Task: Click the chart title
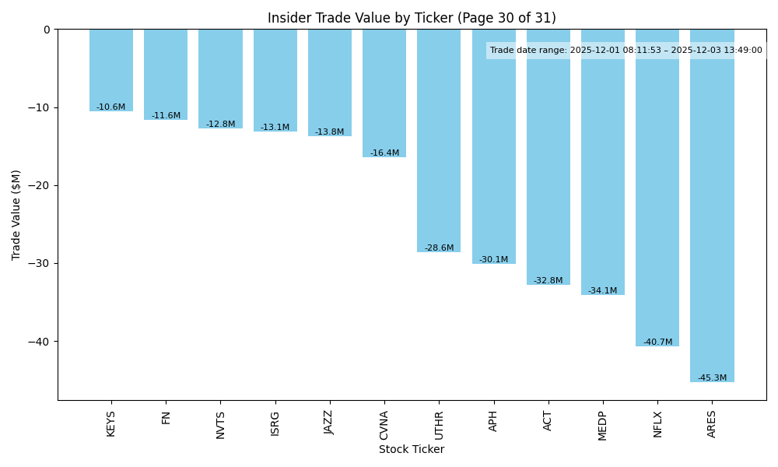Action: [x=412, y=18]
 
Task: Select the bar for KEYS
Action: [x=111, y=70]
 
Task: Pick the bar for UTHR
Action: [x=439, y=140]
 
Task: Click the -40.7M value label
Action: [x=657, y=342]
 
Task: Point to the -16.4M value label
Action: [x=384, y=153]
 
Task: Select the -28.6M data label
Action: [x=439, y=248]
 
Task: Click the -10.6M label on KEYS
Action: [x=111, y=107]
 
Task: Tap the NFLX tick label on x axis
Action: [x=657, y=424]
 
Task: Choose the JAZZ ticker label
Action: [x=329, y=423]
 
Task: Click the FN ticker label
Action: [x=166, y=417]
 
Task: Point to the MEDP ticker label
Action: [x=603, y=425]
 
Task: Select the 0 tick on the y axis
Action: [x=47, y=30]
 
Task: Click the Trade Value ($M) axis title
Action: [x=16, y=214]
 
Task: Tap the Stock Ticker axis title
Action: [x=412, y=449]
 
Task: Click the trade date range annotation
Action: [x=626, y=50]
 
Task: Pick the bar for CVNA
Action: [x=384, y=93]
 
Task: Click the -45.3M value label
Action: [x=712, y=377]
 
